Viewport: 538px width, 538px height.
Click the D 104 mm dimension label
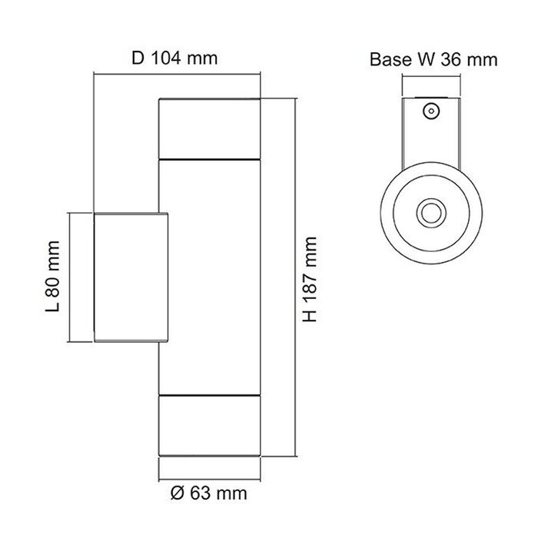click(174, 58)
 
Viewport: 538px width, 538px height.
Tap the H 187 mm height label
click(310, 279)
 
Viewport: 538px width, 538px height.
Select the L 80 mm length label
click(53, 276)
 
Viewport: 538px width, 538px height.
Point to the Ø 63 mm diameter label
click(208, 493)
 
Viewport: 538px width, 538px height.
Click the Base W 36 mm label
click(433, 59)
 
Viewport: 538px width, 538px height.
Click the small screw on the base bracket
click(431, 111)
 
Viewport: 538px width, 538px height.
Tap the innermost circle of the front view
click(431, 213)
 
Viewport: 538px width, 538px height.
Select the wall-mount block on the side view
click(131, 277)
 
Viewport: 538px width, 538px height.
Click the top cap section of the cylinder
click(209, 129)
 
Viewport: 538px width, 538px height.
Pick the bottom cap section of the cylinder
click(209, 426)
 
